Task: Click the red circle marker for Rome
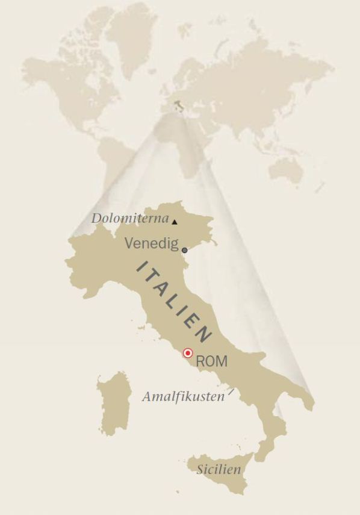[x=188, y=353]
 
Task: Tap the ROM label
[x=211, y=361]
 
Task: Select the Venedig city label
[x=152, y=243]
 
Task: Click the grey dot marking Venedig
[x=184, y=250]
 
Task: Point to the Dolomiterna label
[x=130, y=218]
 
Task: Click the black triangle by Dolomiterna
[x=175, y=222]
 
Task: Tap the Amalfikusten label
[x=183, y=397]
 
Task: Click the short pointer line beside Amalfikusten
[x=231, y=393]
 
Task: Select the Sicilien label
[x=219, y=470]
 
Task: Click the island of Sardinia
[x=114, y=404]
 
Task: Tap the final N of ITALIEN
[x=205, y=334]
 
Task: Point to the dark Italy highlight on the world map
[x=178, y=107]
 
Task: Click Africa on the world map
[x=181, y=145]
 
